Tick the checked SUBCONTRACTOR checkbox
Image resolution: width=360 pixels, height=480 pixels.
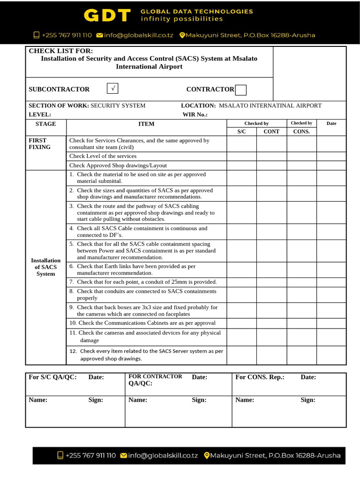(112, 89)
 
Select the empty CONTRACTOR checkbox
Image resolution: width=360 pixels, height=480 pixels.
(240, 90)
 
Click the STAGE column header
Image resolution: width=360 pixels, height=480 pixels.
(45, 124)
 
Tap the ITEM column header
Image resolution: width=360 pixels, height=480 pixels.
(146, 124)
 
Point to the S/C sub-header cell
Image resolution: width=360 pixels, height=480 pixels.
(241, 132)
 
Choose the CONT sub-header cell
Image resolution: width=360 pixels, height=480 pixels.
(271, 132)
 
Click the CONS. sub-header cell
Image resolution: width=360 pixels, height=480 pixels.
(301, 132)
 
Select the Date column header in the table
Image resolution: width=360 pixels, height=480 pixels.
(331, 124)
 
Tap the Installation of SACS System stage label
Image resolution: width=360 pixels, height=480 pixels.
(45, 267)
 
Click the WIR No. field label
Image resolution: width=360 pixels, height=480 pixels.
(195, 114)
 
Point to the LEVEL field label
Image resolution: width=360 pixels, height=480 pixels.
(40, 114)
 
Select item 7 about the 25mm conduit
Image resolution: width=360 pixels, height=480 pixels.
(143, 282)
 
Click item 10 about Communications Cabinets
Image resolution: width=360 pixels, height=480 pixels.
(142, 323)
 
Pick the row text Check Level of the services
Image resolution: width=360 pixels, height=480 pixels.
(103, 156)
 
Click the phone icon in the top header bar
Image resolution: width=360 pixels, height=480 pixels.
(37, 35)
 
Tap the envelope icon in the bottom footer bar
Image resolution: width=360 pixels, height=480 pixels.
(124, 455)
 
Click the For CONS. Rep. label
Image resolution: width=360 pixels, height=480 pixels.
(260, 377)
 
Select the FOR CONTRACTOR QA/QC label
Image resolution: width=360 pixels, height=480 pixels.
(155, 380)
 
